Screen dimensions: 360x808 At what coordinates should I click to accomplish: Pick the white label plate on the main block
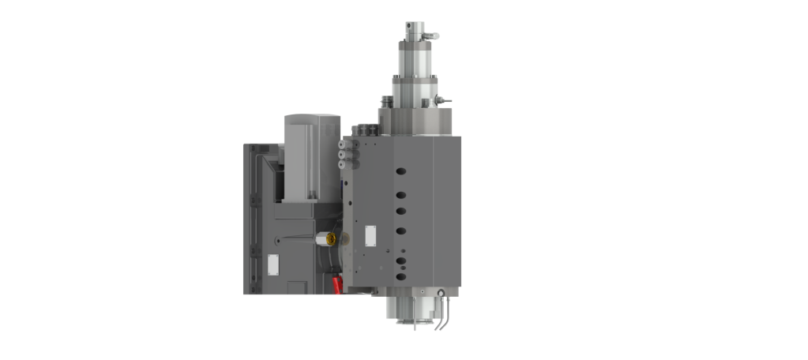coord(368,236)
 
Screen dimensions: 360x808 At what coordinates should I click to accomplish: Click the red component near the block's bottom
coord(338,283)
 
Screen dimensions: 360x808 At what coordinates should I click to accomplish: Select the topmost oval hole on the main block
coord(400,170)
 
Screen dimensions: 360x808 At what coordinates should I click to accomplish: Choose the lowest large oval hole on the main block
coord(400,260)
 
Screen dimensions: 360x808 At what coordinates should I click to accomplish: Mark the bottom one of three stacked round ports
coord(341,165)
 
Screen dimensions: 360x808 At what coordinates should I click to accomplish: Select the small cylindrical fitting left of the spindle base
coord(385,103)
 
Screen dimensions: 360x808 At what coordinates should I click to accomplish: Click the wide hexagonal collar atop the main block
coord(413,122)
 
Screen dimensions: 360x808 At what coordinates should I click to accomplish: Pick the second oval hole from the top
coord(400,194)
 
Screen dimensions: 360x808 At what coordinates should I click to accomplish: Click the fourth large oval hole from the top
coord(400,231)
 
